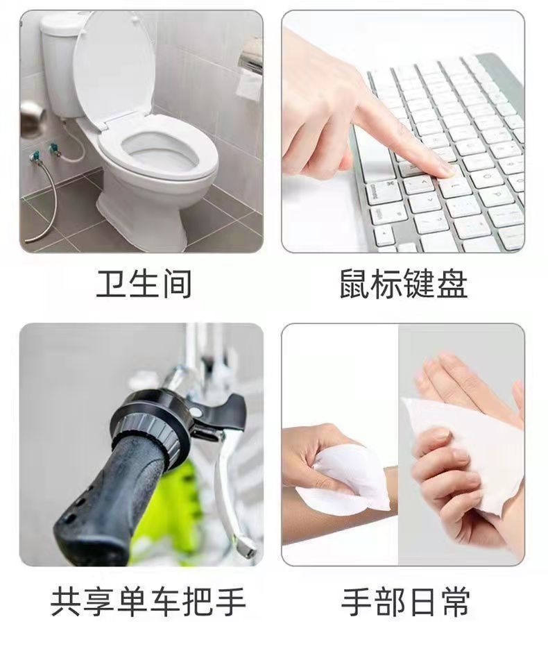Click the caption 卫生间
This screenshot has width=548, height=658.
click(144, 285)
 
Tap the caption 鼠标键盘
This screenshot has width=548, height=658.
click(404, 285)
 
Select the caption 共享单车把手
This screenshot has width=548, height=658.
click(148, 600)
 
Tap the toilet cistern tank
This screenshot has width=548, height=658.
click(58, 66)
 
